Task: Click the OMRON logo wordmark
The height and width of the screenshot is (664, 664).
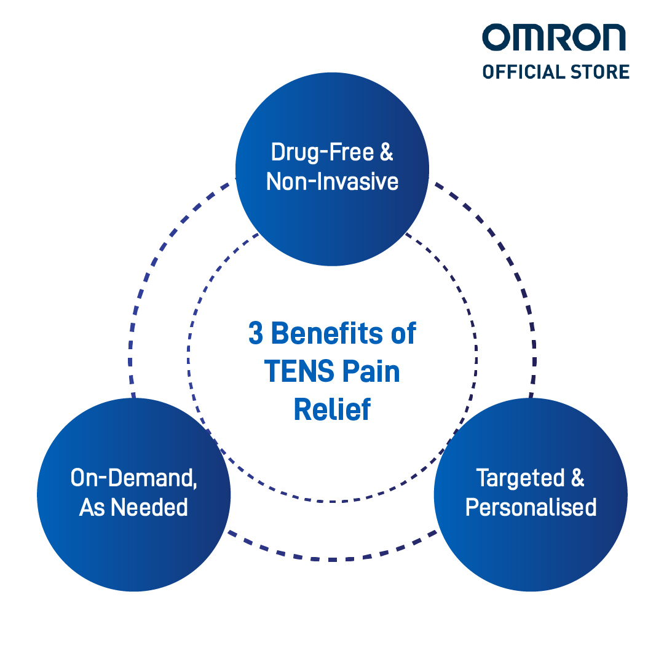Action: (554, 38)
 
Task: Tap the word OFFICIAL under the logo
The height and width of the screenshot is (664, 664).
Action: (524, 72)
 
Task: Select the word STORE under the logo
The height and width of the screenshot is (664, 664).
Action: (600, 72)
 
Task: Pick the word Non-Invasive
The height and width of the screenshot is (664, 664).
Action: (333, 181)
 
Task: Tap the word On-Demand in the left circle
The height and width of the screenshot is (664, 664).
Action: (132, 478)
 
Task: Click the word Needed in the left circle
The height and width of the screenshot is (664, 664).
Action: (149, 507)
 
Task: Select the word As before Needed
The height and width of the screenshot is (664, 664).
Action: (92, 507)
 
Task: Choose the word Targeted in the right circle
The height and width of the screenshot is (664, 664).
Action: (521, 478)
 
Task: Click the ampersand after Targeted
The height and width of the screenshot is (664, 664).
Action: (577, 478)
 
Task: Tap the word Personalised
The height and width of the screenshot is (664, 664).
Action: (531, 507)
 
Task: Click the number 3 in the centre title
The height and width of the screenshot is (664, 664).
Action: (256, 333)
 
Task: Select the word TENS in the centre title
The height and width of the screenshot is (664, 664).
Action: (299, 371)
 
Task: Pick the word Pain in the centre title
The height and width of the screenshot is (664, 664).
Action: (371, 371)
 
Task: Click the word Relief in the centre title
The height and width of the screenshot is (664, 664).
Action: (333, 409)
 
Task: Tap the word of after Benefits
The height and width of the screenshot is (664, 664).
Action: (403, 333)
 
